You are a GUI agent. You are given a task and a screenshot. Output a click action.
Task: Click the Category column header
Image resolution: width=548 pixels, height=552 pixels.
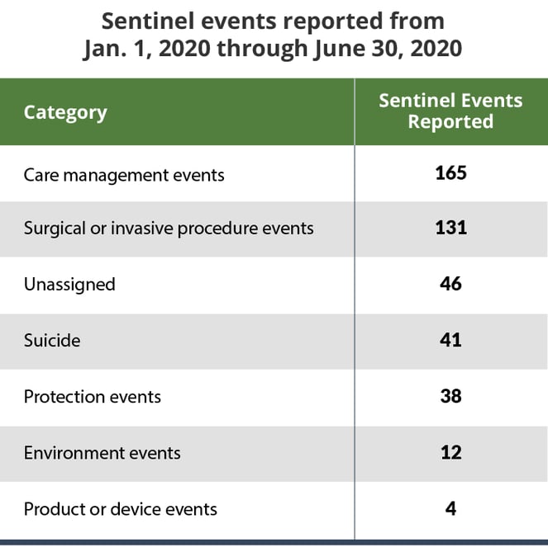tap(65, 112)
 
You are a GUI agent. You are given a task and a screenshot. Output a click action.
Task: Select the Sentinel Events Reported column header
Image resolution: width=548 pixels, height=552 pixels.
tap(450, 111)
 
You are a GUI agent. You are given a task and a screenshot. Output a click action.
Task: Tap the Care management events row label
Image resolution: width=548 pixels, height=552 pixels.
tap(124, 175)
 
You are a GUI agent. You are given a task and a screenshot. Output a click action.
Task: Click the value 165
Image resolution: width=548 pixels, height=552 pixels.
tap(450, 173)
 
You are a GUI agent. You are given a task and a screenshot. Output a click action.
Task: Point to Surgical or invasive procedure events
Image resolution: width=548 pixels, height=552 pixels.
tap(169, 228)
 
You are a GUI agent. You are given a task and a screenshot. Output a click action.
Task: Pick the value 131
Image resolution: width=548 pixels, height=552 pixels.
tap(450, 227)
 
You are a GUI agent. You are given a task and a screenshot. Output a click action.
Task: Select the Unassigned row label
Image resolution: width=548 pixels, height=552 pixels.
tap(69, 285)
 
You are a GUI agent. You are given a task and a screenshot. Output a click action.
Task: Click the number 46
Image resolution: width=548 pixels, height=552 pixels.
tap(450, 284)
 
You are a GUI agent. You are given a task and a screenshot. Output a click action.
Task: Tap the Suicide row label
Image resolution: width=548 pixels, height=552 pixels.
tap(52, 340)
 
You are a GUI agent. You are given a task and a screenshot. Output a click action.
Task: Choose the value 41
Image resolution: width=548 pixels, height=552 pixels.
tap(450, 340)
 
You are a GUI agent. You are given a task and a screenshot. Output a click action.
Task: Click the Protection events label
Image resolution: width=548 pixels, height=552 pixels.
tap(93, 397)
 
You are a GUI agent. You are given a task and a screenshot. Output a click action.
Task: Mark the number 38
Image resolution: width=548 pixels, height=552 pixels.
tap(450, 396)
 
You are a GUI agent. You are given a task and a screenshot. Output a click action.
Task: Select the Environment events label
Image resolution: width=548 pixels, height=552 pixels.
tap(102, 453)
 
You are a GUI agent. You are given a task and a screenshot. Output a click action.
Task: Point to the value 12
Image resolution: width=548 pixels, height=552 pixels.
tap(450, 452)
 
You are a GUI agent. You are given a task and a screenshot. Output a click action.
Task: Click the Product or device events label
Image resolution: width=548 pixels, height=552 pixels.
tap(121, 509)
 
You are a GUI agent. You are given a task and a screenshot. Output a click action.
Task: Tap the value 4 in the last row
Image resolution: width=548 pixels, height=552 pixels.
tap(450, 508)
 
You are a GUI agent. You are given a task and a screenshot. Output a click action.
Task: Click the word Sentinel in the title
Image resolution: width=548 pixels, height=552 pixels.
tap(146, 21)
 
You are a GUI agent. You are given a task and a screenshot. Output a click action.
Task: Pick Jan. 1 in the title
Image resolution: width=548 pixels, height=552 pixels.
tap(114, 49)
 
